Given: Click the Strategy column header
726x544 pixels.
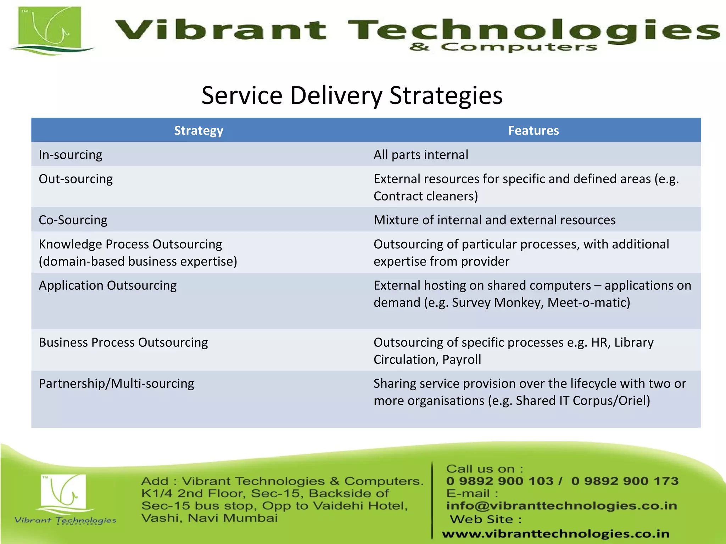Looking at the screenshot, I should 199,130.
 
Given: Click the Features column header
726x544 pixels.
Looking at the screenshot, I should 533,130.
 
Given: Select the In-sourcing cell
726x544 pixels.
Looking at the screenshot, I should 71,155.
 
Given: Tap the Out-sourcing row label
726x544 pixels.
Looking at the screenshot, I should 76,179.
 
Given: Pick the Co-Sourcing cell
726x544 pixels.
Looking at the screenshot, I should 73,220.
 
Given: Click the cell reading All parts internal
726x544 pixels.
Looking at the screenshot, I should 421,155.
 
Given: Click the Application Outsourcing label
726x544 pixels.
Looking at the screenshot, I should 107,285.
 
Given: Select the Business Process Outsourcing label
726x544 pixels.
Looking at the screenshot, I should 123,342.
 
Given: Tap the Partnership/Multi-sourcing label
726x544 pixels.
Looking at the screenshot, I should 116,384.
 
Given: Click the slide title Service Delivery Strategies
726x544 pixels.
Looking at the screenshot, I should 352,96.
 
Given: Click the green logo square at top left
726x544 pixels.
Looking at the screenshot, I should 50,28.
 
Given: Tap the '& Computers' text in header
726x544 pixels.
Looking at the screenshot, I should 503,47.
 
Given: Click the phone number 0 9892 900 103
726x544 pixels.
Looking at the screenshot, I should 500,481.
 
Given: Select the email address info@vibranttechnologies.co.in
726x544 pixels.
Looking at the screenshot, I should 562,505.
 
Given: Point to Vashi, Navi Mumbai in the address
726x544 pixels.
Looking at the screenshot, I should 209,518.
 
